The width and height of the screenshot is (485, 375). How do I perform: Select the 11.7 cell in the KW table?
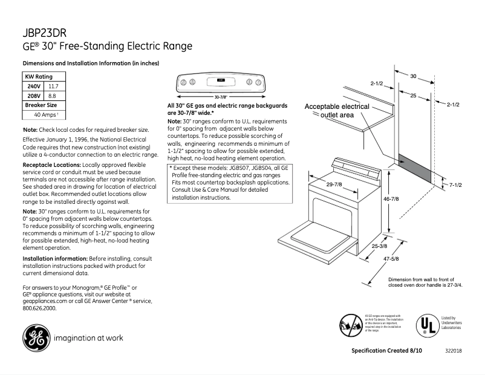coord(53,86)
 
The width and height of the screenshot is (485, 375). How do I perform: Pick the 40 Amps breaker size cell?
coord(45,114)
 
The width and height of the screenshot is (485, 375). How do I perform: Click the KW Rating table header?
coord(38,77)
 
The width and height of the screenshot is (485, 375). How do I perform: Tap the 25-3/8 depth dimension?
coord(380,246)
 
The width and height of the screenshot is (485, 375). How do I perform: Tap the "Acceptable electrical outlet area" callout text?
coord(337,110)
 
